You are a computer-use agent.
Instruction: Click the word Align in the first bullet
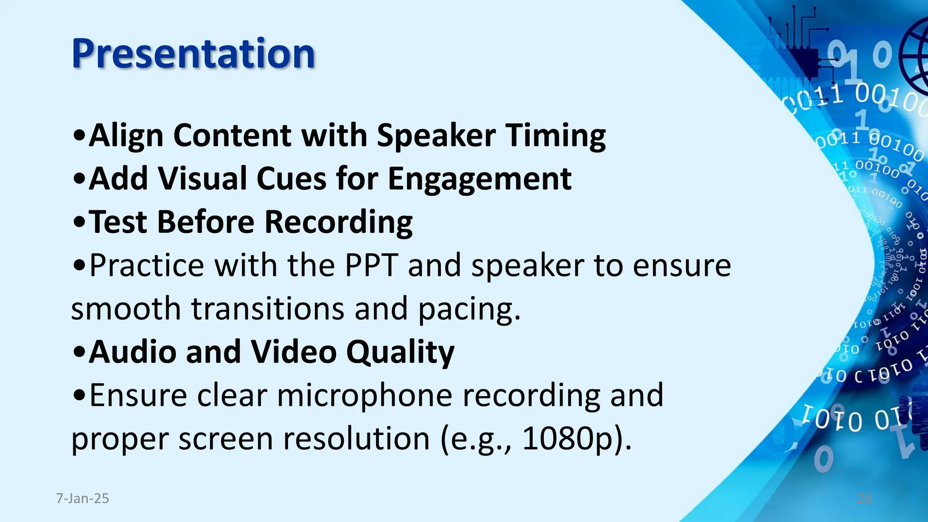click(x=126, y=135)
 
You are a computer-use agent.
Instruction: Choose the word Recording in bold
click(x=338, y=222)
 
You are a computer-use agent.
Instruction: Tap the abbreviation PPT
click(x=371, y=265)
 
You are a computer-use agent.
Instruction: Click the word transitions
click(x=267, y=309)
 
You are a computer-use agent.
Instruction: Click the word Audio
click(x=132, y=352)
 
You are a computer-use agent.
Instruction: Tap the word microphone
click(x=364, y=395)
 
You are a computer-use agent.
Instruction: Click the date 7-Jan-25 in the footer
click(x=82, y=498)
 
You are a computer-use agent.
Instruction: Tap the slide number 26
click(x=864, y=498)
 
